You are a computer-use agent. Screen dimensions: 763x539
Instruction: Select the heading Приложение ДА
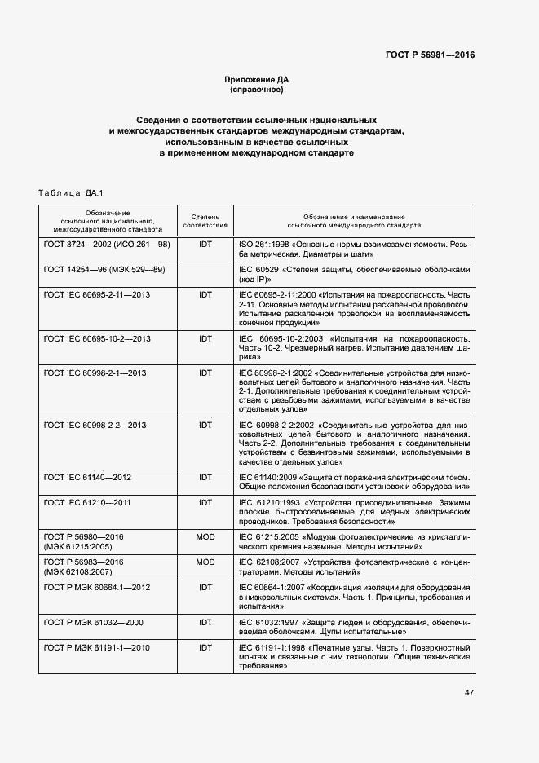coord(257,79)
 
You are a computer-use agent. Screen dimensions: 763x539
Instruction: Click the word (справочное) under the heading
coord(257,89)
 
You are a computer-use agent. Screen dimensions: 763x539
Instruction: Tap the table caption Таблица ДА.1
coord(68,192)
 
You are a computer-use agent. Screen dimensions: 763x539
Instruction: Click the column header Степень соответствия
coord(205,220)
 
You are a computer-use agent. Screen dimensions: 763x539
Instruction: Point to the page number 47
coord(469,693)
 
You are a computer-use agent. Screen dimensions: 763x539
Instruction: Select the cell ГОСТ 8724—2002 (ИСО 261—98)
coord(107,245)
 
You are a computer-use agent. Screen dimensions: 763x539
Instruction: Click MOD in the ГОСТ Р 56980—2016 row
coord(205,537)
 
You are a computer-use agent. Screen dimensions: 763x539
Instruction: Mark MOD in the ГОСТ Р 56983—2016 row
coord(205,562)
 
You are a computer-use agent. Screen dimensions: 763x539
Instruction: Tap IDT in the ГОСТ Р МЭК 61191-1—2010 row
coord(205,646)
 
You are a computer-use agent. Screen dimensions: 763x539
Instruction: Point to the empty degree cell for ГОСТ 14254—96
coord(205,274)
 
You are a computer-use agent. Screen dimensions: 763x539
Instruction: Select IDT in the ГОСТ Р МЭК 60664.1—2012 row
coord(205,586)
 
